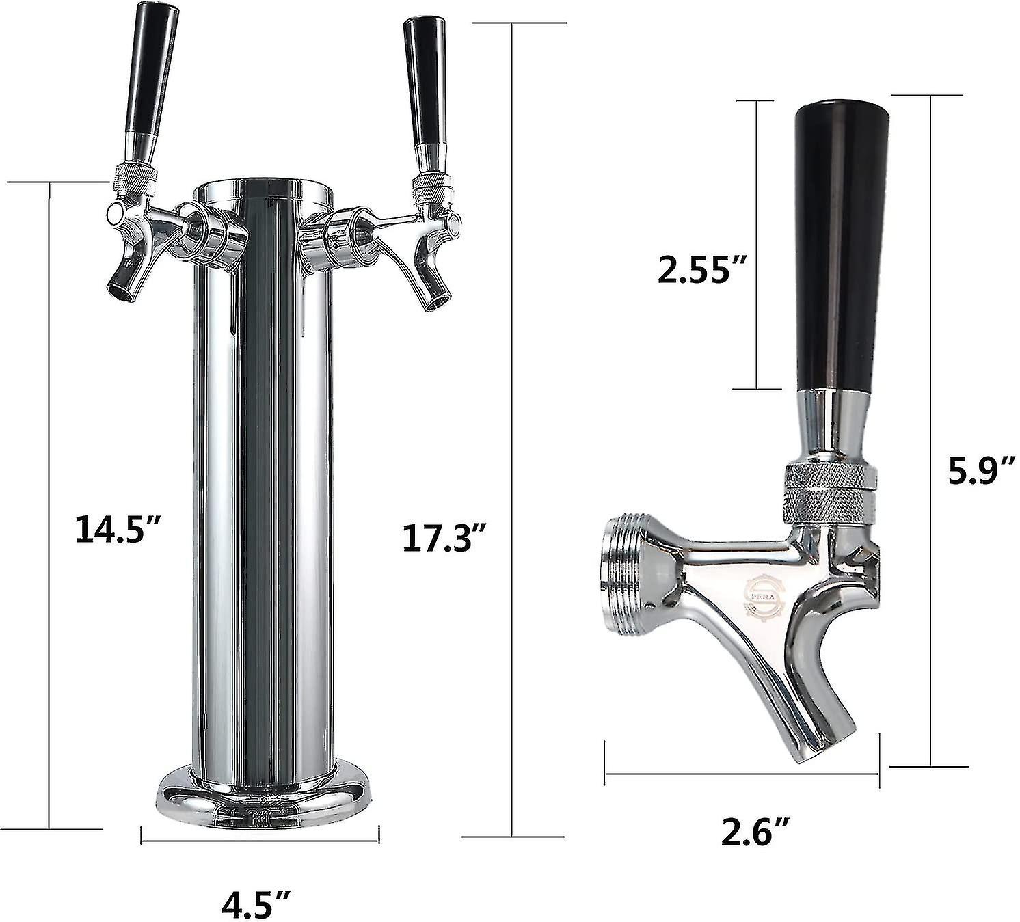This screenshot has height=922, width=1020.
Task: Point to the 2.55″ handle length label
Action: point(700,269)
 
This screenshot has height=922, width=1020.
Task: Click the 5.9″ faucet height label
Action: point(976,471)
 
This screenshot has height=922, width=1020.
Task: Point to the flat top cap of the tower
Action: point(264,191)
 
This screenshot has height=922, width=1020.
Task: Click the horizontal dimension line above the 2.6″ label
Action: point(741,774)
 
